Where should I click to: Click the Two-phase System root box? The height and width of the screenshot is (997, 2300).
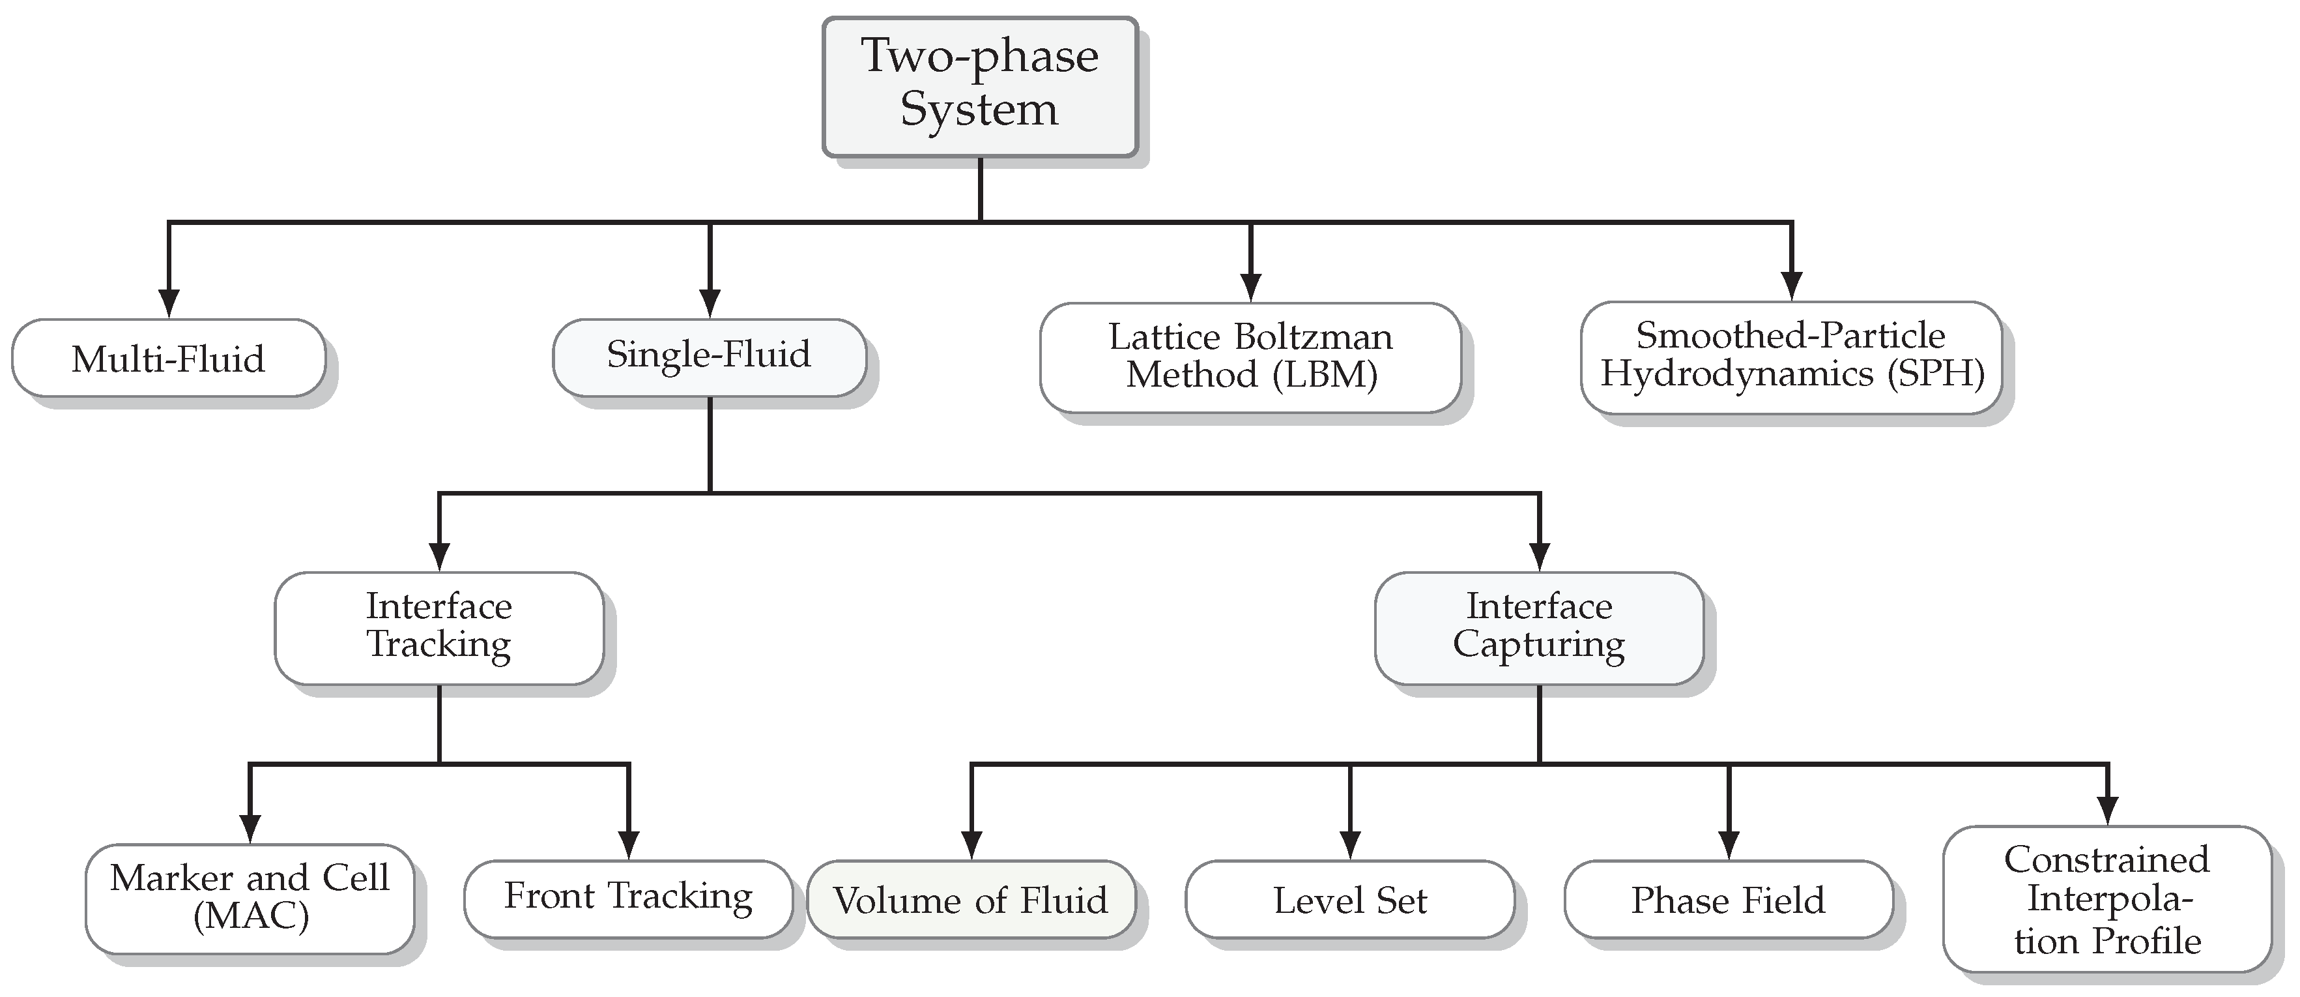[x=979, y=87]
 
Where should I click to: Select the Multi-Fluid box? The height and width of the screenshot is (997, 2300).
[x=168, y=358]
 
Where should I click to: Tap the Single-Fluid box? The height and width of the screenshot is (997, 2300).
[x=709, y=357]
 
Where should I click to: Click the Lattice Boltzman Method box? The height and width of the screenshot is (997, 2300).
[x=1250, y=357]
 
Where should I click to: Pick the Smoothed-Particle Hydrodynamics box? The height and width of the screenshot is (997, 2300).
[x=1791, y=357]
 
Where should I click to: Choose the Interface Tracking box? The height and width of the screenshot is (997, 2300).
[x=438, y=628]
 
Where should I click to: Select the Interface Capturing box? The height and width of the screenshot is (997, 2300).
[x=1538, y=628]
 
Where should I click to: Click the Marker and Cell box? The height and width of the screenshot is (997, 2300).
[x=250, y=898]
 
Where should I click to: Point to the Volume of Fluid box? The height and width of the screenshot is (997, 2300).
[x=971, y=899]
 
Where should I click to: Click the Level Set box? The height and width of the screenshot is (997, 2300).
[x=1349, y=899]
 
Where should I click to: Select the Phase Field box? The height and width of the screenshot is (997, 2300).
[x=1728, y=899]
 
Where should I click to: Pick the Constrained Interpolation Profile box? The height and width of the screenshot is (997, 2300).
[x=2106, y=899]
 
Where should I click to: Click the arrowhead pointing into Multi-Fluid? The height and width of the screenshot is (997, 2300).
[x=169, y=302]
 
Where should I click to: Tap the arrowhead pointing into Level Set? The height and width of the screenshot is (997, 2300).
[x=1350, y=843]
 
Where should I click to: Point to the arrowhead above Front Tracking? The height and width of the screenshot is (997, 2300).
[x=629, y=843]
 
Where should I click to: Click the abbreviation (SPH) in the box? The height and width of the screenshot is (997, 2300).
[x=1936, y=374]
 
